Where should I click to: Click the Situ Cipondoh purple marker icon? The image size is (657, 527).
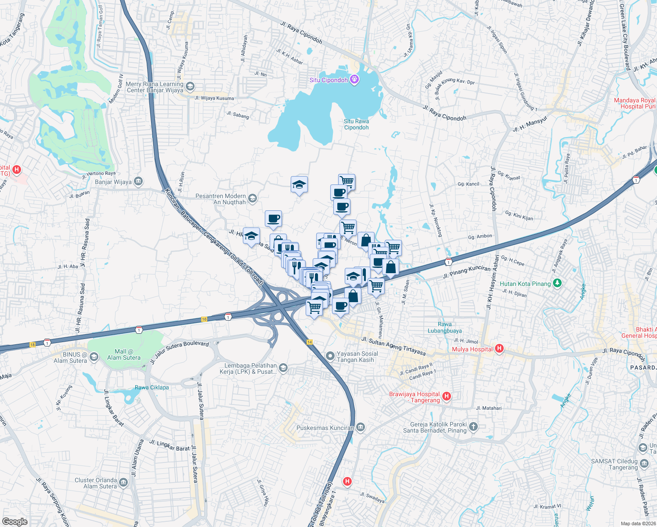click(x=355, y=79)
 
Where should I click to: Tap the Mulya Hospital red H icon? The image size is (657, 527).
click(x=499, y=349)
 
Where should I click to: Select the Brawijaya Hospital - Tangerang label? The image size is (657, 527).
click(x=414, y=397)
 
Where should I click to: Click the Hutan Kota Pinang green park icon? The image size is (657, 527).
click(x=557, y=283)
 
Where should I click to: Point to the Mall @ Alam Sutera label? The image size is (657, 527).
click(x=124, y=354)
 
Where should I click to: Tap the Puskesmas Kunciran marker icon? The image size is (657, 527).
click(x=361, y=427)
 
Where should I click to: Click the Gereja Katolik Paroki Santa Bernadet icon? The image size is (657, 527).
click(x=473, y=426)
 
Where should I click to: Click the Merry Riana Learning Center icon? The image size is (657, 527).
click(x=190, y=86)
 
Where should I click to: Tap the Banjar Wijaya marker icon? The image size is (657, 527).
click(x=138, y=181)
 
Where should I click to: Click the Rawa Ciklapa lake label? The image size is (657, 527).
click(x=152, y=387)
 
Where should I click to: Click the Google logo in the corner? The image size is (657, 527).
click(x=14, y=521)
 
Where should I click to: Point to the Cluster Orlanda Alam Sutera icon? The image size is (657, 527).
click(x=123, y=483)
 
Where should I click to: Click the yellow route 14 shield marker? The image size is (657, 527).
click(x=310, y=342)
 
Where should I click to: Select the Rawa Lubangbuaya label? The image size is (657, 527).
click(x=444, y=328)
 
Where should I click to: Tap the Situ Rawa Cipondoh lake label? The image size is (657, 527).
click(x=356, y=124)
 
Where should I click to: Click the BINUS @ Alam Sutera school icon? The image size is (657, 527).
click(x=94, y=357)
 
